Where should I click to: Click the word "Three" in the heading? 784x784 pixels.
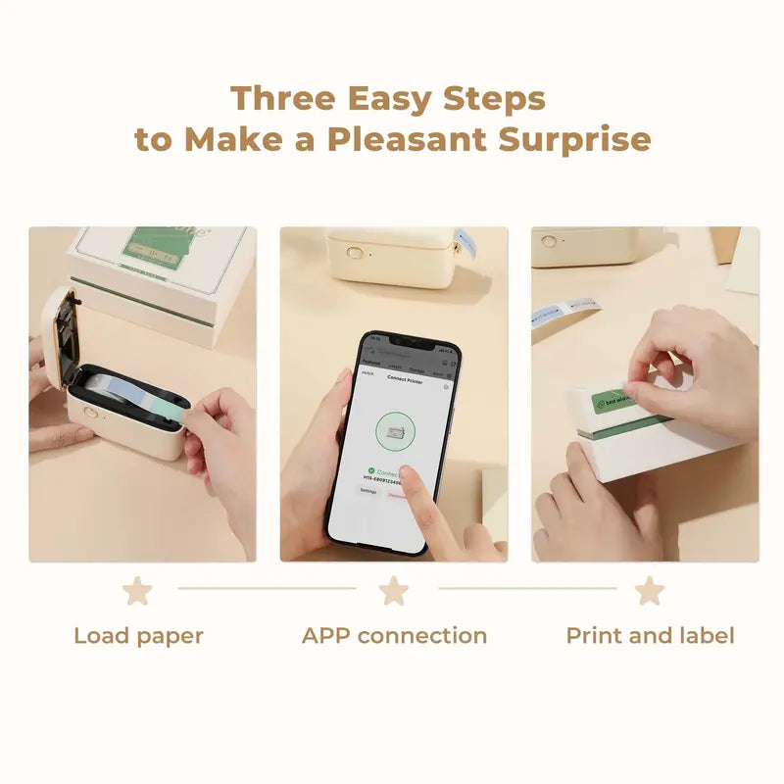[x=280, y=99]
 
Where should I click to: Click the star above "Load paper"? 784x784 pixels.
[x=137, y=591]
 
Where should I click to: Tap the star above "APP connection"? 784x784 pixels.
[x=394, y=591]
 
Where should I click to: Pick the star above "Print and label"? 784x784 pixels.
[x=649, y=591]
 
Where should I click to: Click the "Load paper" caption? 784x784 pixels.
[x=138, y=636]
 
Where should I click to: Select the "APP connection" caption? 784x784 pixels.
[x=394, y=636]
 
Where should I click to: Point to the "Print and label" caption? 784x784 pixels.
[x=650, y=636]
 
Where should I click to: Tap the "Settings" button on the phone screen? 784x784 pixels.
[x=368, y=491]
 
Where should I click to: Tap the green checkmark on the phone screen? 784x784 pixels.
[x=370, y=470]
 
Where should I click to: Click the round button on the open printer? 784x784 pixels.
[x=90, y=413]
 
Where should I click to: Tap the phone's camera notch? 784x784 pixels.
[x=408, y=346]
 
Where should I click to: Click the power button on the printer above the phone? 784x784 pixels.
[x=355, y=252]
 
